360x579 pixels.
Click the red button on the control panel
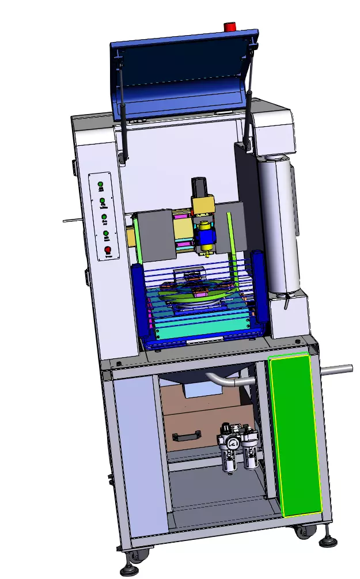(x=107, y=249)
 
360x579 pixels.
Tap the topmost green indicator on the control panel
(x=100, y=186)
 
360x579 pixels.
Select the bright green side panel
(x=295, y=435)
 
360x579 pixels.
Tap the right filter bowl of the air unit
(x=249, y=455)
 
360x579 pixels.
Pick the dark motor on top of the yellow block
(x=199, y=187)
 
